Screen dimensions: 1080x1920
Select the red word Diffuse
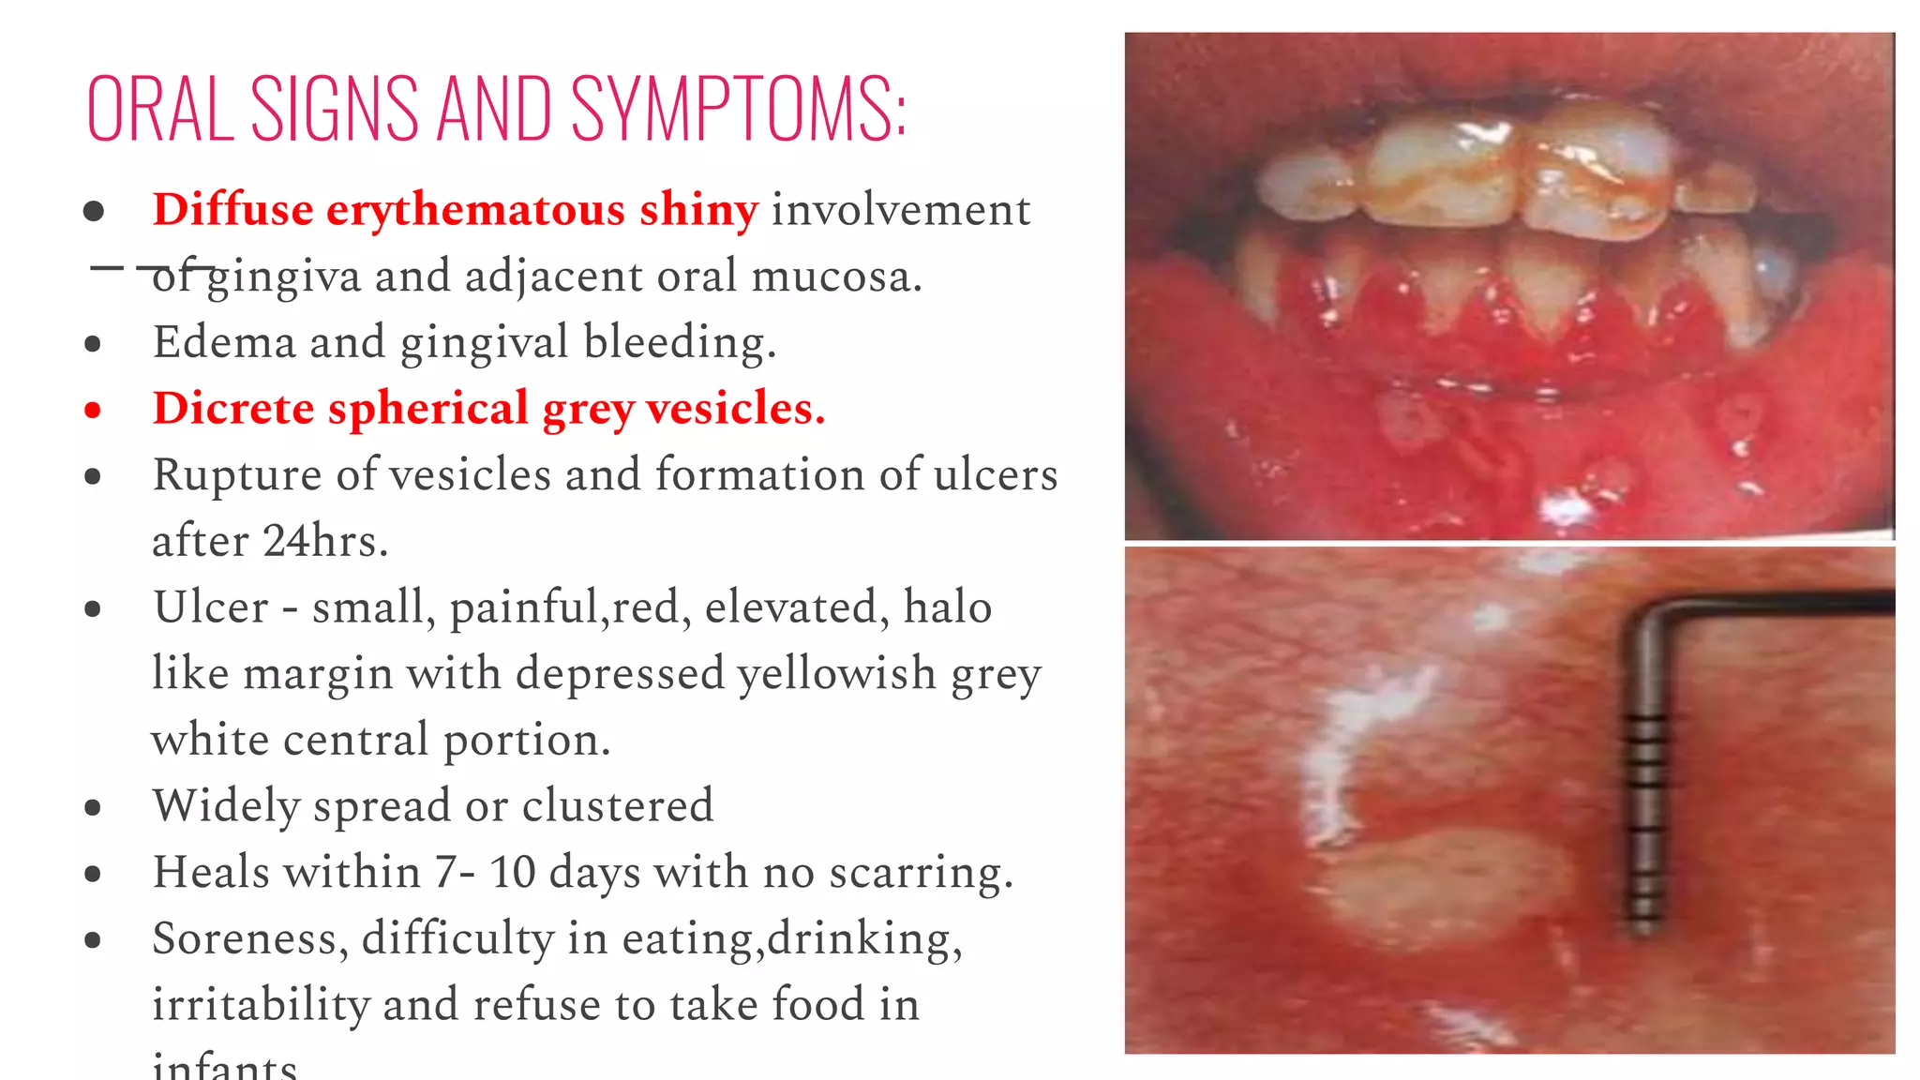pyautogui.click(x=232, y=209)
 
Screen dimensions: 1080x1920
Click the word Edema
pyautogui.click(x=221, y=341)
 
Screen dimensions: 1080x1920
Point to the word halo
pyautogui.click(x=947, y=607)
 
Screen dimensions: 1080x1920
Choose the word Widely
pyautogui.click(x=226, y=805)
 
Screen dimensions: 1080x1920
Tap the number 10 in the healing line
pyautogui.click(x=512, y=872)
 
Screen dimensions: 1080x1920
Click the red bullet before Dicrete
pyautogui.click(x=93, y=410)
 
